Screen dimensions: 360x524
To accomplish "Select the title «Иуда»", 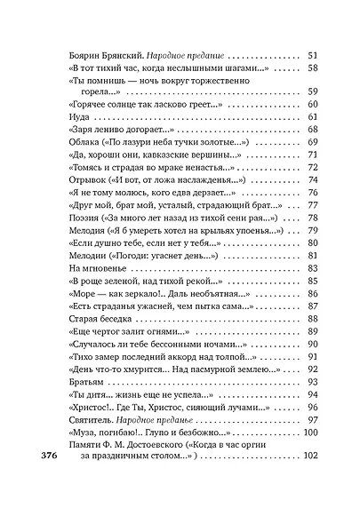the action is coord(77,116).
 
